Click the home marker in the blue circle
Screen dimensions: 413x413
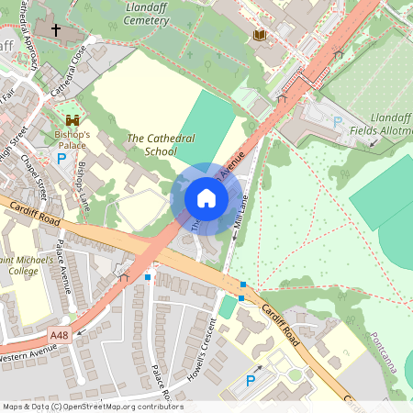206,198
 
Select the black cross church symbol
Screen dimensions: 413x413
55,30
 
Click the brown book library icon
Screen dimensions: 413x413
259,35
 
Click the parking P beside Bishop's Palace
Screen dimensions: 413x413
62,158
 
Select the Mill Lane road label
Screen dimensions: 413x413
240,217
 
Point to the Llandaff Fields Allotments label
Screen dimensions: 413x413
378,125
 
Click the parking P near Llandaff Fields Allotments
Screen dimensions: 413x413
337,121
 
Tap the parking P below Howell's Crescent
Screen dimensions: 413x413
251,380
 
